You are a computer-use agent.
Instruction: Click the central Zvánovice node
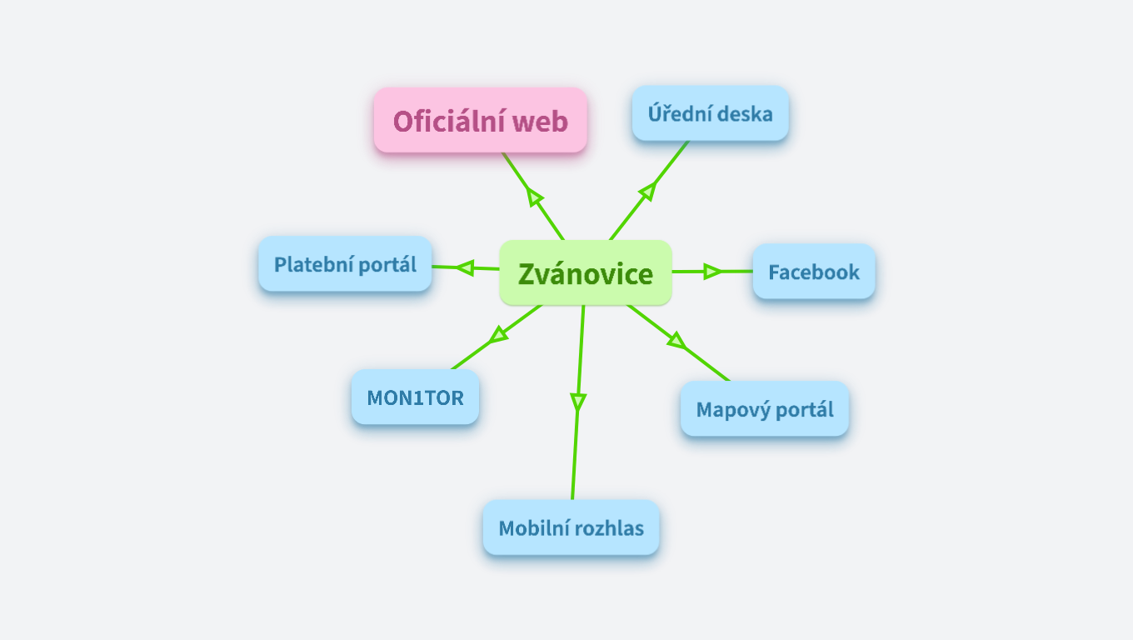(585, 272)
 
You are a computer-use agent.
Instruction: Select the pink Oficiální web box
(480, 121)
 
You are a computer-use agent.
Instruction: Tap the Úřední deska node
(710, 113)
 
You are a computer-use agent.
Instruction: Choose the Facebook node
(813, 272)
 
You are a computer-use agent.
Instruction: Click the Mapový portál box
(764, 409)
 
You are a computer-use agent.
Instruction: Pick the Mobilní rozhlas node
(571, 527)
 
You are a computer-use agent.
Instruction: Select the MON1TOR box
(415, 397)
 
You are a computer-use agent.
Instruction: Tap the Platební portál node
(345, 264)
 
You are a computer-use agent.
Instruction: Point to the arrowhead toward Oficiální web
(534, 197)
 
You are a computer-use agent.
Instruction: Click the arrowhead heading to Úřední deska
(647, 191)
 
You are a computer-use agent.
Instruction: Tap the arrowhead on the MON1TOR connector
(499, 334)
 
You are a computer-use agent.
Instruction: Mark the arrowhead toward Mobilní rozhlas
(577, 401)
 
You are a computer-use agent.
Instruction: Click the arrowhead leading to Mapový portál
(676, 340)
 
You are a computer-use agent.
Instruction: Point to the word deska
(746, 113)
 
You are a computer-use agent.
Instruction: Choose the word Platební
(311, 265)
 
